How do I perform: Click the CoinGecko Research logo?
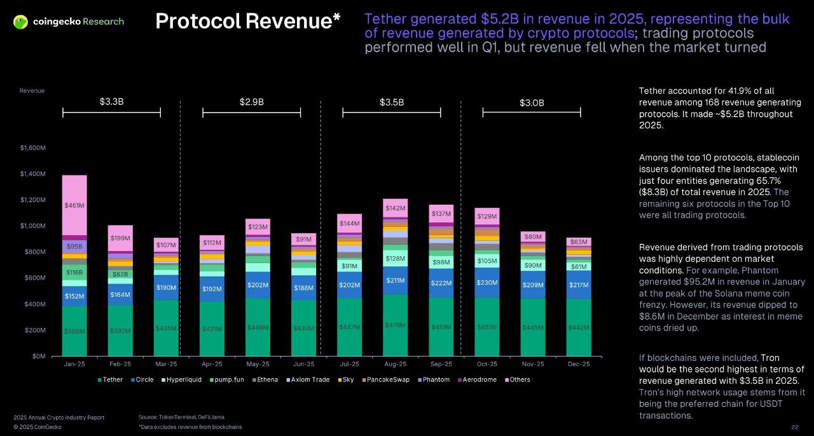(x=69, y=22)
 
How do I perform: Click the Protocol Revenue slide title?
(x=248, y=21)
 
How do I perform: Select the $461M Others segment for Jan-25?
(x=74, y=205)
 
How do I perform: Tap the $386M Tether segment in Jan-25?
(x=74, y=331)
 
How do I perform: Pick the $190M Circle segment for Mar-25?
(x=166, y=287)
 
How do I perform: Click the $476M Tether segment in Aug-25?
(x=395, y=325)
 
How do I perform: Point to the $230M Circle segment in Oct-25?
(x=486, y=282)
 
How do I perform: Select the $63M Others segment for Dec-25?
(x=579, y=242)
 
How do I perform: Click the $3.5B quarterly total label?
(x=392, y=102)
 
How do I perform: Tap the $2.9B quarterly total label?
(x=252, y=102)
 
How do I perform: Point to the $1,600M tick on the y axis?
(x=32, y=148)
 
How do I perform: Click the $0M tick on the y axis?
(x=39, y=357)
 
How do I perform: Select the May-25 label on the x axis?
(x=258, y=364)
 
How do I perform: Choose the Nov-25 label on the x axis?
(x=533, y=364)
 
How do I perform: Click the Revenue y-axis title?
(x=32, y=91)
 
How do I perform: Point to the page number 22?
(x=794, y=427)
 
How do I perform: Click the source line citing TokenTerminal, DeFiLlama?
(x=181, y=417)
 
